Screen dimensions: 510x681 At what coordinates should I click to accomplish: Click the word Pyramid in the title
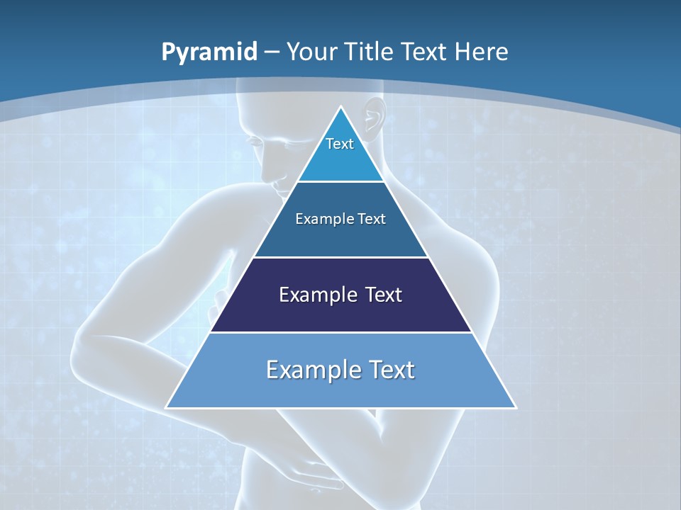209,52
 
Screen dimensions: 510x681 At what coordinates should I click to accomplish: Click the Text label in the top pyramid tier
340,144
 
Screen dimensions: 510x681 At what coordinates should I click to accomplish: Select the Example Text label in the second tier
340,219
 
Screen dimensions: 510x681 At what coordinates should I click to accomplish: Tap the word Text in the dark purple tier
380,295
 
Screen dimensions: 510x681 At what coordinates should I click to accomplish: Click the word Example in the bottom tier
309,370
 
